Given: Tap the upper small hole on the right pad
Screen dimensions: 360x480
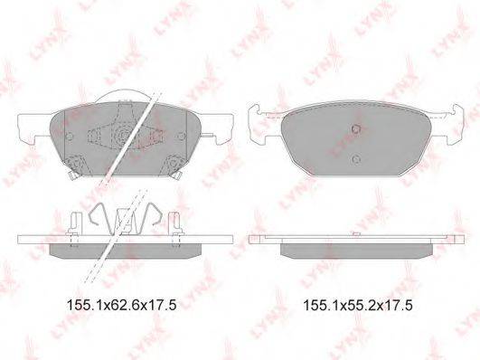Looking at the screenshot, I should pyautogui.click(x=356, y=128).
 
